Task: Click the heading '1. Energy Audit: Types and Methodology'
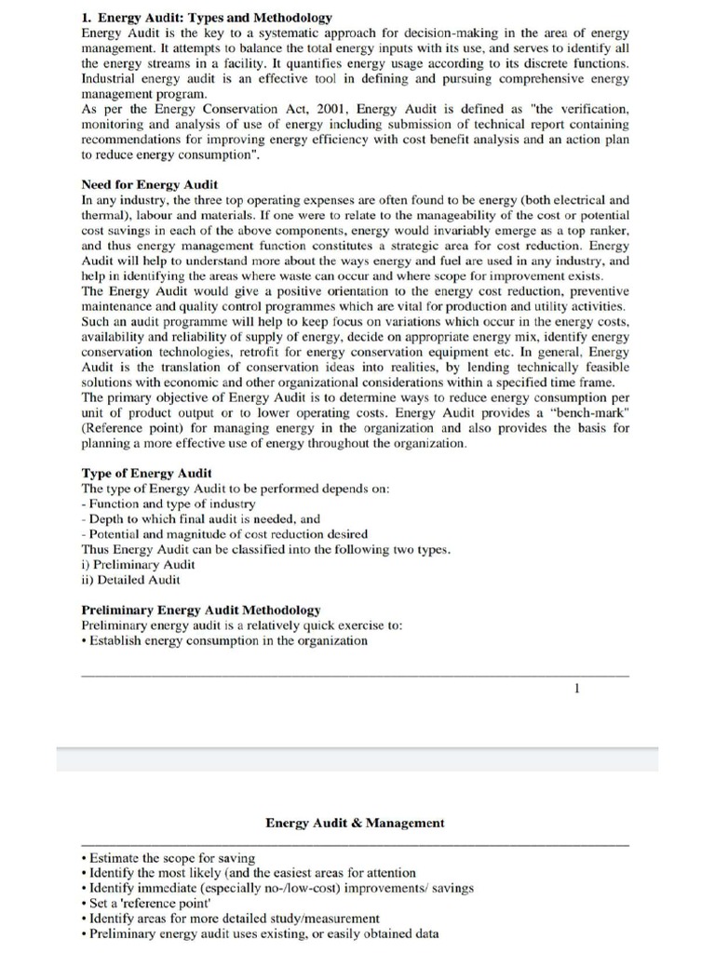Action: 207,18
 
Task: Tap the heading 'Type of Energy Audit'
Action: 147,473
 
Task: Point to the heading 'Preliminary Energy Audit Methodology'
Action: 201,610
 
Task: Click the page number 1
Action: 578,689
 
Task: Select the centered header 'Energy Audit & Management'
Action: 355,823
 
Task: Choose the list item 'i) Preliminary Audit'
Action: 139,564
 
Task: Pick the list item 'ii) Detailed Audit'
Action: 131,579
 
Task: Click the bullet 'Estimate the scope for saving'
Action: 169,857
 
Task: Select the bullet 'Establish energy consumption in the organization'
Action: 224,640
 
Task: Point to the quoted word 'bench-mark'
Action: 586,414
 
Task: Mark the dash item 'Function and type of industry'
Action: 169,503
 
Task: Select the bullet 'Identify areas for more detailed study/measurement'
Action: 234,918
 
